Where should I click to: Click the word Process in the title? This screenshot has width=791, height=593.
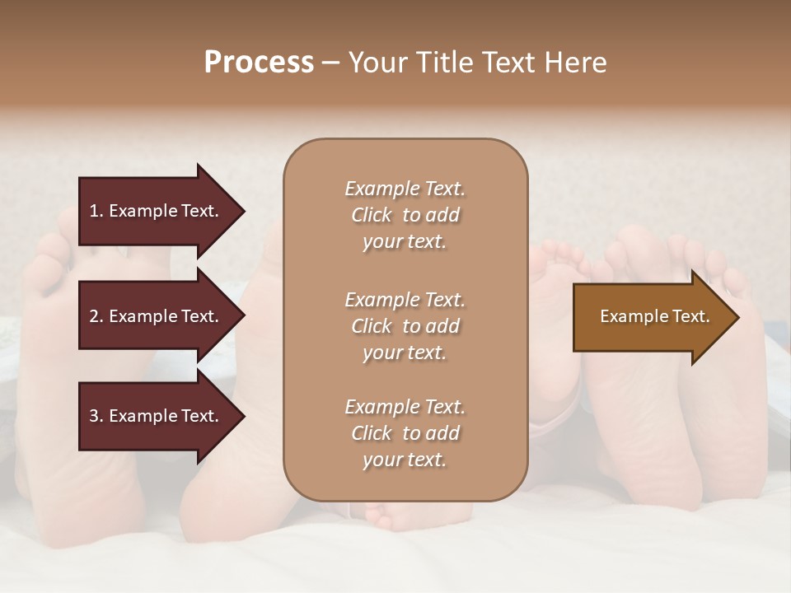[x=259, y=63]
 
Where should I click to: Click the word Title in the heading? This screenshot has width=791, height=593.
[x=444, y=63]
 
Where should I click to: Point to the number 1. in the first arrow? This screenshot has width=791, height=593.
[x=96, y=211]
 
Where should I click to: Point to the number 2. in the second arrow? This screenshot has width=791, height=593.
[x=96, y=316]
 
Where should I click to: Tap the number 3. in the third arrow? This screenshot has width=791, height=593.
[x=96, y=416]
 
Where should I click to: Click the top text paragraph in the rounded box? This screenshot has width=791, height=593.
[x=405, y=215]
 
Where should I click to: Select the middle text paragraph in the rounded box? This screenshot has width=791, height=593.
[x=405, y=325]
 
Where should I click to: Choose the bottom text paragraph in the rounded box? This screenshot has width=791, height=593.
[x=405, y=433]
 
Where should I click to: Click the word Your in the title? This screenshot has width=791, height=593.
[x=379, y=63]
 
